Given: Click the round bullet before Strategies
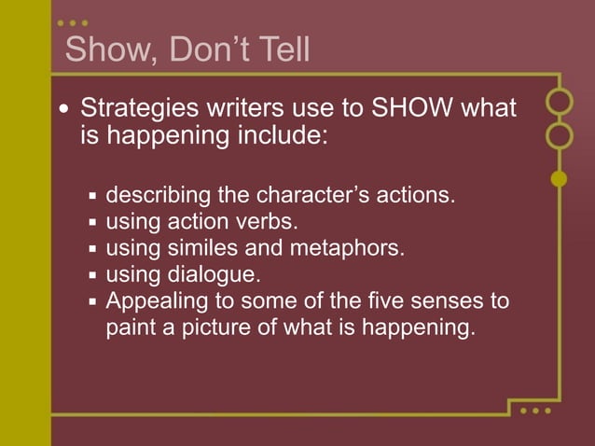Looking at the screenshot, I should [63, 109].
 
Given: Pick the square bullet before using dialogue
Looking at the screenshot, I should [93, 276].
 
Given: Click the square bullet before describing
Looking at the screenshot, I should [93, 198].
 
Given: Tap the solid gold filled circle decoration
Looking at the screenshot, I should [560, 178].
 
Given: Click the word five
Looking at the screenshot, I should [385, 301].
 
